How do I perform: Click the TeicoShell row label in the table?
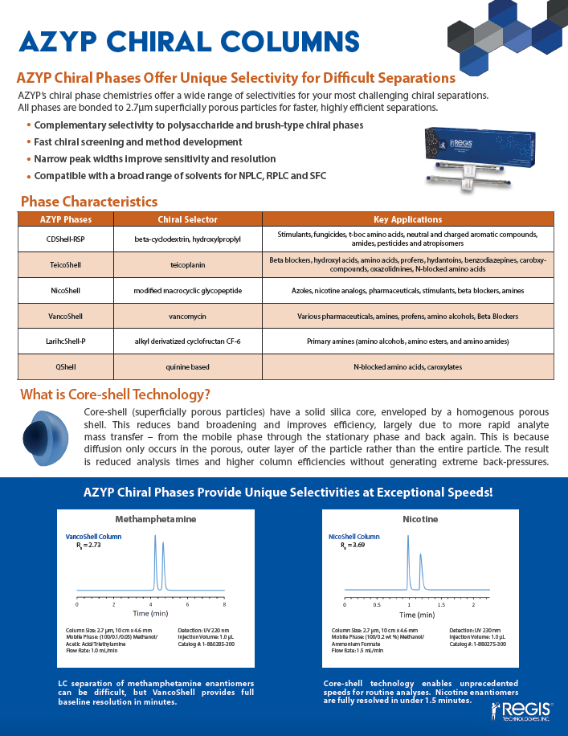pyautogui.click(x=66, y=263)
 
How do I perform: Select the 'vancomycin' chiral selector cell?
pyautogui.click(x=188, y=316)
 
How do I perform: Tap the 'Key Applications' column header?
pyautogui.click(x=407, y=219)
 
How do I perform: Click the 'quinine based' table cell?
pyautogui.click(x=188, y=367)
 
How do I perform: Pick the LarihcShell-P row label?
pyautogui.click(x=66, y=341)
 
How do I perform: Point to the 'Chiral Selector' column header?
pyautogui.click(x=188, y=219)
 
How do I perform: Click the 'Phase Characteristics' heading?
pyautogui.click(x=88, y=201)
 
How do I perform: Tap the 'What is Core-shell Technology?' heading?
pyautogui.click(x=115, y=395)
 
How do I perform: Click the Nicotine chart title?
pyautogui.click(x=420, y=519)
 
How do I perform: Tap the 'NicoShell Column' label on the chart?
pyautogui.click(x=354, y=536)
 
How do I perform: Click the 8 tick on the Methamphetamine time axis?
pyautogui.click(x=224, y=603)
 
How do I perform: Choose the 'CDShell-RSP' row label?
pyautogui.click(x=66, y=238)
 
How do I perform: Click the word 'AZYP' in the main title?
pyautogui.click(x=63, y=40)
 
